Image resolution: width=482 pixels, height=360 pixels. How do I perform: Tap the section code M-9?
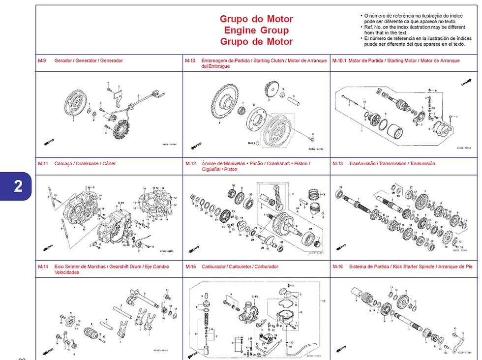(x=42, y=60)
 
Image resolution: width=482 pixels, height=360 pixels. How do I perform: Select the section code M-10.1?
(x=339, y=60)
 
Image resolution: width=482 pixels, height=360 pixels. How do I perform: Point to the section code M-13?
(x=338, y=164)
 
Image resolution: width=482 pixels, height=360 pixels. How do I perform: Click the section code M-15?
(x=190, y=267)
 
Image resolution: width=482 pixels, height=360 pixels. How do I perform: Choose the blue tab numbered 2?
(x=18, y=186)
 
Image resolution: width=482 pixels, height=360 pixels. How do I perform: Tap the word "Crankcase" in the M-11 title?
(x=88, y=164)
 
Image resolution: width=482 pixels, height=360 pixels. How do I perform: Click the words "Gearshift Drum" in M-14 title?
(x=125, y=267)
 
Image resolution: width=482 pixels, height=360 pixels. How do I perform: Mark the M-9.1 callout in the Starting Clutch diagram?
(x=253, y=143)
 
